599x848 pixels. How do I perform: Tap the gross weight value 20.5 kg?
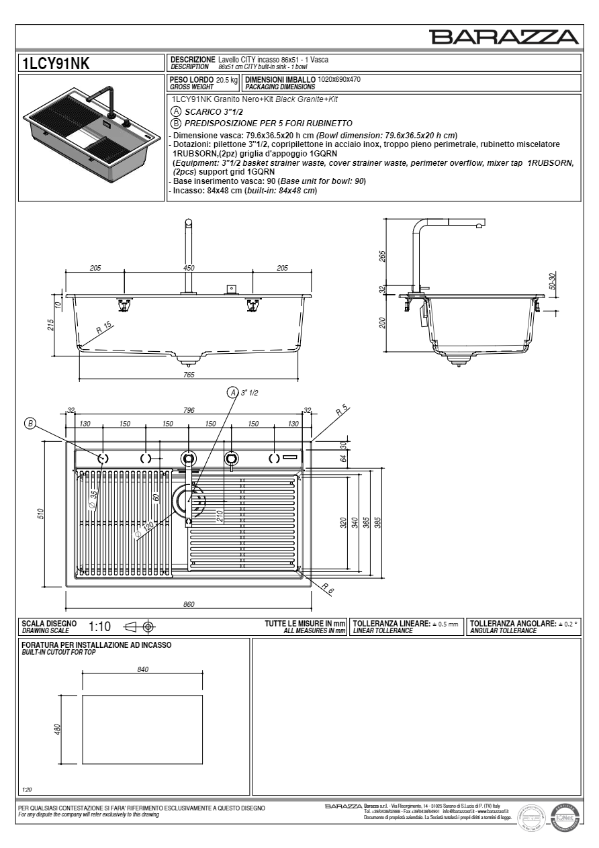click(227, 80)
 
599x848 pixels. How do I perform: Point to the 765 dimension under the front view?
click(189, 375)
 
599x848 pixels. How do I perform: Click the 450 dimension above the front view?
click(189, 268)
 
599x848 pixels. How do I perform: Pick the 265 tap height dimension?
click(381, 256)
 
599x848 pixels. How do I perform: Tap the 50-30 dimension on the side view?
click(552, 280)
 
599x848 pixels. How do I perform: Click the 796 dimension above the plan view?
click(189, 410)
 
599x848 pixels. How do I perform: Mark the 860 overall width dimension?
click(189, 604)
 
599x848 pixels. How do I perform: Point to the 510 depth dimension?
click(40, 514)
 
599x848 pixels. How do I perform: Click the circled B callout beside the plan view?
click(30, 423)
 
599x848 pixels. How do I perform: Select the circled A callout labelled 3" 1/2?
click(233, 392)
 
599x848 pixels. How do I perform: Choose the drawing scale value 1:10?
click(99, 627)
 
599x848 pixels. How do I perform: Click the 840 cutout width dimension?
click(142, 669)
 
